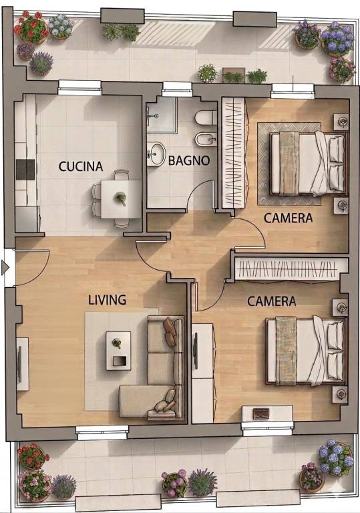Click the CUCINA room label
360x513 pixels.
pyautogui.click(x=81, y=166)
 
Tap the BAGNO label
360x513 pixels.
pyautogui.click(x=189, y=160)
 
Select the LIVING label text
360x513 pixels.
pyautogui.click(x=108, y=300)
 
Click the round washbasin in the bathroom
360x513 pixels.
pyautogui.click(x=156, y=154)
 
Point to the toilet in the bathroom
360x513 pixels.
pyautogui.click(x=206, y=118)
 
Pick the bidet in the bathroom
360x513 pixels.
pyautogui.click(x=206, y=140)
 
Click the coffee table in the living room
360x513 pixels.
pyautogui.click(x=118, y=351)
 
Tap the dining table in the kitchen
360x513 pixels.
pyautogui.click(x=121, y=199)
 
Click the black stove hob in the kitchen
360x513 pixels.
pyautogui.click(x=25, y=170)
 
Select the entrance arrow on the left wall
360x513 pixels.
pyautogui.click(x=5, y=267)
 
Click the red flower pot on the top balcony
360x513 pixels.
pyautogui.click(x=32, y=27)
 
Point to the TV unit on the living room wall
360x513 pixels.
pyautogui.click(x=23, y=364)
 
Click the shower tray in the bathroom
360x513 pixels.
pyautogui.click(x=162, y=115)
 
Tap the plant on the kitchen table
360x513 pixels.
pyautogui.click(x=120, y=198)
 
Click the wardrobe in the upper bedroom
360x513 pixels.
pyautogui.click(x=233, y=153)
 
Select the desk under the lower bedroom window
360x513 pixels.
pyautogui.click(x=267, y=413)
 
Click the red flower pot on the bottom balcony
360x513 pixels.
pyautogui.click(x=32, y=456)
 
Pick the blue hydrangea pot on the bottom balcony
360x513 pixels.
pyautogui.click(x=335, y=457)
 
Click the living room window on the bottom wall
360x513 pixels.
pyautogui.click(x=102, y=432)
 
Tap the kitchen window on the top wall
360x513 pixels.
pyautogui.click(x=79, y=88)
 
